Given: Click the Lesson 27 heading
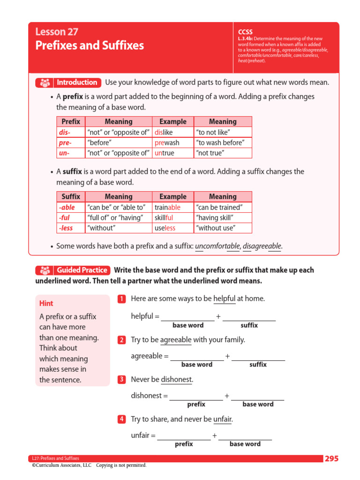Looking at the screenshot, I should (x=57, y=32).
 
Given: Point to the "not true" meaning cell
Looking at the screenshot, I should (x=223, y=153).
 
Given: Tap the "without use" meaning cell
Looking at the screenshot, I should (x=223, y=228).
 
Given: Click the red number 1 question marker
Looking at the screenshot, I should (x=121, y=299).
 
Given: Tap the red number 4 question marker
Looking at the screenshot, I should (x=121, y=419).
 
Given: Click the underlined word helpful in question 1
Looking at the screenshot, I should (x=224, y=299).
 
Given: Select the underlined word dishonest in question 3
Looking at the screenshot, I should (x=176, y=379).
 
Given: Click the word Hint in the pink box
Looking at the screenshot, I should (x=46, y=303).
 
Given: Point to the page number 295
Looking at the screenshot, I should (x=331, y=458).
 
